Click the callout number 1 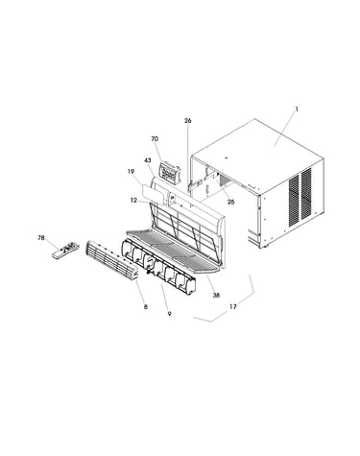[x=297, y=109]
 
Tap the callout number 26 [x=188, y=121]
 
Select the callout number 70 [x=155, y=139]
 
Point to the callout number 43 [x=148, y=160]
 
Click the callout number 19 [x=131, y=172]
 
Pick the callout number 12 [x=133, y=201]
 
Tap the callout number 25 [x=230, y=202]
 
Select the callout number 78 [x=41, y=238]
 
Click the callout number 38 [x=216, y=296]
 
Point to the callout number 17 [x=233, y=306]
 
